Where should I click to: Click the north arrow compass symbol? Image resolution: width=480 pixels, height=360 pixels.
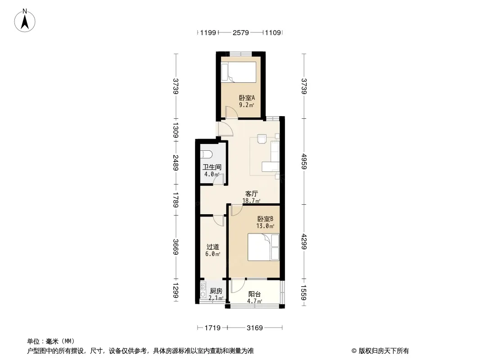25,21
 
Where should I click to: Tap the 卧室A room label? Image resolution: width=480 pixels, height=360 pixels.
247,98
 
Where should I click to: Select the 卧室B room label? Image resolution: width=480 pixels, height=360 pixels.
265,219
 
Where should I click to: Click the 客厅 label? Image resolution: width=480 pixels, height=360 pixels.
251,193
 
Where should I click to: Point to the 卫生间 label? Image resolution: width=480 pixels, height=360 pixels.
212,167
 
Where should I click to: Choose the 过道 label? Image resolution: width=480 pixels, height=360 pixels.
213,247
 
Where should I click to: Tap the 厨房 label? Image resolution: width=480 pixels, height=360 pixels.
216,291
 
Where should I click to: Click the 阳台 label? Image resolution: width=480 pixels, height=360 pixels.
254,294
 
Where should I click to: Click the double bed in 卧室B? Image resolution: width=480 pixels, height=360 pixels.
263,247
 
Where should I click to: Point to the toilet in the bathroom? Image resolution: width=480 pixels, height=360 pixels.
205,154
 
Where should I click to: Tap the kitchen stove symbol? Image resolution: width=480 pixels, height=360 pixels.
203,291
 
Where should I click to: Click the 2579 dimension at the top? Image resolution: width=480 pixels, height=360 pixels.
240,32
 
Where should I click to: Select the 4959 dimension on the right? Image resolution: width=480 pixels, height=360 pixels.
303,161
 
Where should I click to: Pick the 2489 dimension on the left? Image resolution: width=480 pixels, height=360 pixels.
176,162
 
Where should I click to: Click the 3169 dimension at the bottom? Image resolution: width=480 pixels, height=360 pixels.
255,328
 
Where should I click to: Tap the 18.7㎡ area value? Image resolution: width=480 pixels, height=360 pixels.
251,201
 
